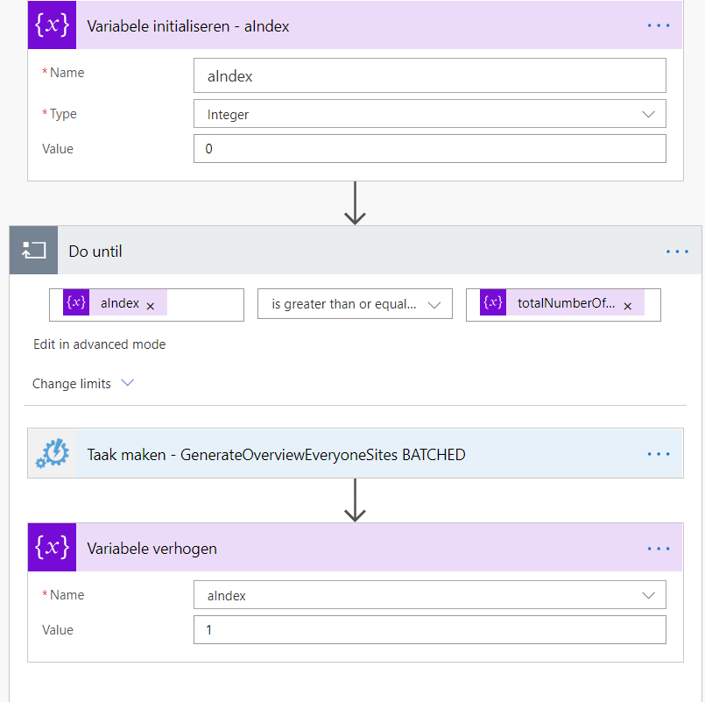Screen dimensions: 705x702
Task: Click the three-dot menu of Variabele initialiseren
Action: click(659, 25)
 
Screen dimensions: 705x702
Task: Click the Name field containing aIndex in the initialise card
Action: click(430, 75)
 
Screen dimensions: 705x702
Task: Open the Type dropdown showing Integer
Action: click(430, 114)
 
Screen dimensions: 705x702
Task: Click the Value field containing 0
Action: click(430, 148)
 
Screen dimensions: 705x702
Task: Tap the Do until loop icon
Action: click(34, 250)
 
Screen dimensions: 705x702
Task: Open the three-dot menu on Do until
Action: click(677, 252)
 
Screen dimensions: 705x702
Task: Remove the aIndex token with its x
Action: click(151, 306)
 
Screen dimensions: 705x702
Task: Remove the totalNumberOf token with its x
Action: click(628, 306)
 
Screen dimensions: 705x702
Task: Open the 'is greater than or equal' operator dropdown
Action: click(355, 304)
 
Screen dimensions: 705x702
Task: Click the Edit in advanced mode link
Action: click(99, 344)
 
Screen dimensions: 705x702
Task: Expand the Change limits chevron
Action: click(128, 383)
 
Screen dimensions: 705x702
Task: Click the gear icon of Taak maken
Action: click(53, 454)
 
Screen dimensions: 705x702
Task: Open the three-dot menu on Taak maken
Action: click(659, 454)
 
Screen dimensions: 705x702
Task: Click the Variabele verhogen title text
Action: click(152, 549)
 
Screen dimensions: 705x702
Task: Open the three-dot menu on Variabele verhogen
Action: click(659, 549)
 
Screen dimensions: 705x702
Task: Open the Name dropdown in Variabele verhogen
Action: click(430, 595)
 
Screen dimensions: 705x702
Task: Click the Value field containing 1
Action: click(430, 629)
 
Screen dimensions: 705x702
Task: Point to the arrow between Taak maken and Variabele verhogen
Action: click(356, 500)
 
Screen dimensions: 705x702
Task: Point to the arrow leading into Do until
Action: click(356, 203)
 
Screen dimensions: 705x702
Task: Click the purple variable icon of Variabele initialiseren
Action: click(53, 25)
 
